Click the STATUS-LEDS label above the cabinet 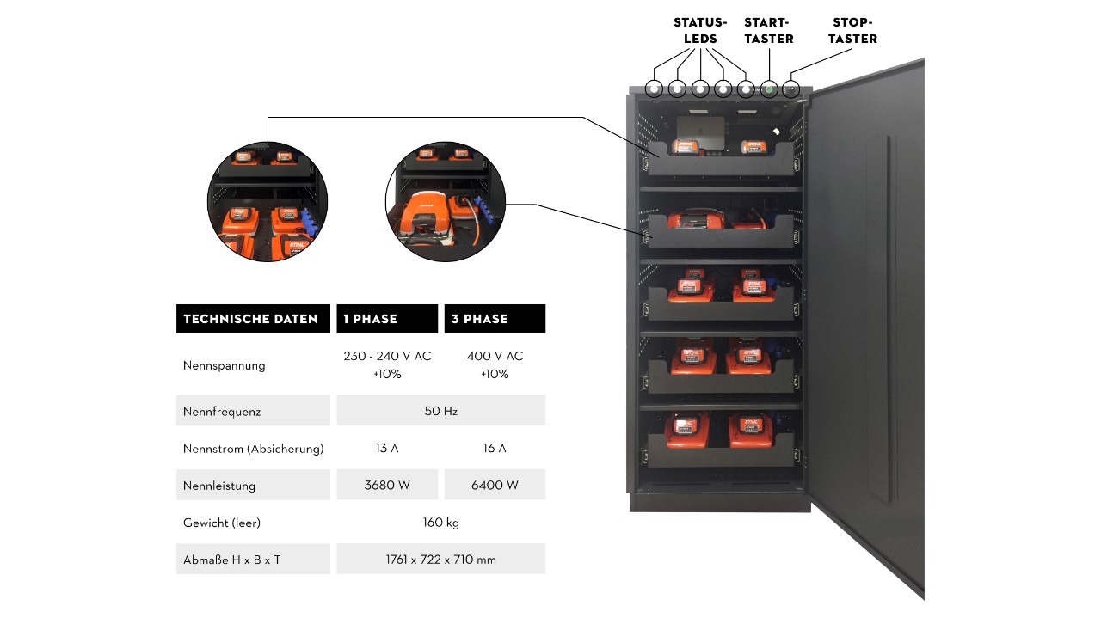click(x=700, y=30)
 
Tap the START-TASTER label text click(x=768, y=30)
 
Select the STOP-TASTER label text click(x=852, y=30)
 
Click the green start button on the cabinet click(x=769, y=89)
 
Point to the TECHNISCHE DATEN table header click(x=250, y=319)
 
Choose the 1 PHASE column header click(x=370, y=319)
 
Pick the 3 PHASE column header click(x=479, y=319)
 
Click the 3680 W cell click(x=387, y=485)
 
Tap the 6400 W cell click(x=495, y=485)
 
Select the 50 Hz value click(x=441, y=411)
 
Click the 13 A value click(x=387, y=448)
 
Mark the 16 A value click(x=495, y=448)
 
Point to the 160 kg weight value click(x=441, y=523)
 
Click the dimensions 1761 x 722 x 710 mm click(x=441, y=560)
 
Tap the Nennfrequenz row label click(x=222, y=411)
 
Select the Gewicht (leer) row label click(x=222, y=523)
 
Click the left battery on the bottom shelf click(x=687, y=431)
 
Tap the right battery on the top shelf click(x=753, y=146)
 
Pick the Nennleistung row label click(x=219, y=486)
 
